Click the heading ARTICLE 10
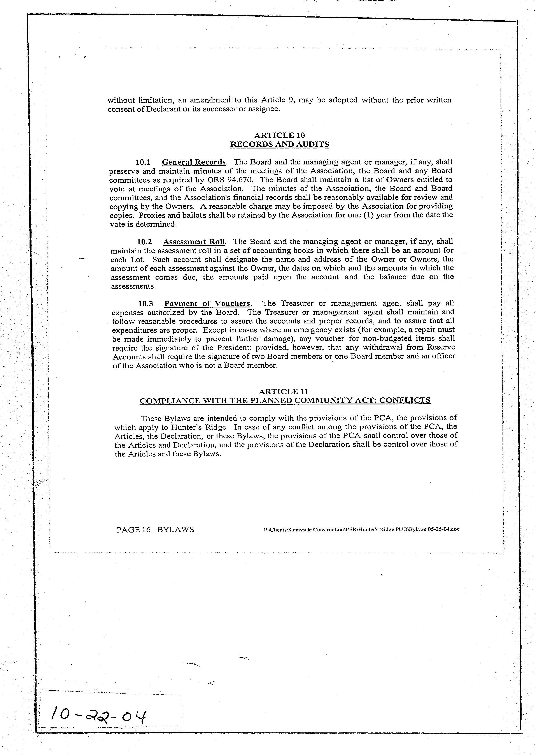[280, 135]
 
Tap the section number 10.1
[143, 162]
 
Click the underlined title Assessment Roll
[194, 242]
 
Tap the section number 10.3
[145, 303]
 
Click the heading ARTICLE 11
[284, 392]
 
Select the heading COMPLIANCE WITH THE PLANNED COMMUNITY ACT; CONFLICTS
[285, 401]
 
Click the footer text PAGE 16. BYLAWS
[155, 530]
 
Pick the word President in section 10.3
[235, 348]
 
